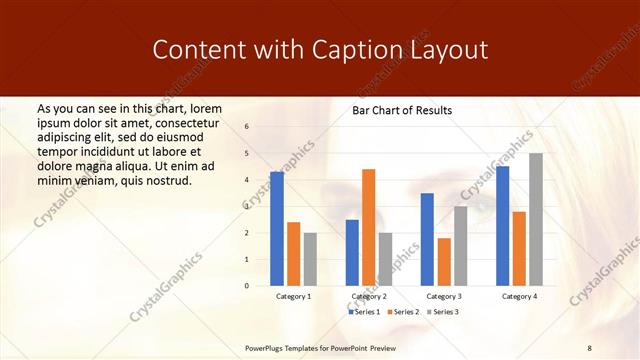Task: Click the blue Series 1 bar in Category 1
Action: tap(276, 229)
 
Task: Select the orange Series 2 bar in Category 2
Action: tap(368, 227)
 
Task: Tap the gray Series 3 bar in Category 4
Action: tap(535, 219)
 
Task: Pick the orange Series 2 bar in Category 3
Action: tap(443, 262)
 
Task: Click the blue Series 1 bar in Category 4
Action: tap(502, 226)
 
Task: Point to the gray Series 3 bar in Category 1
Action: tap(310, 259)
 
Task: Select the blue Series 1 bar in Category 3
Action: tap(427, 239)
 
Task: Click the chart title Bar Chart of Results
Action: tap(402, 110)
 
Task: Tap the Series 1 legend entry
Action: tap(365, 312)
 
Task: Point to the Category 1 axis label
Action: tap(293, 297)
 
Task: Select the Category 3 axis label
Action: tap(443, 297)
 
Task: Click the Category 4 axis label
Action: tap(518, 297)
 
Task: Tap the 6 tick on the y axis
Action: tap(246, 127)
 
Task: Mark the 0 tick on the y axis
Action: tap(246, 286)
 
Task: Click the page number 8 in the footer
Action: tap(590, 346)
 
